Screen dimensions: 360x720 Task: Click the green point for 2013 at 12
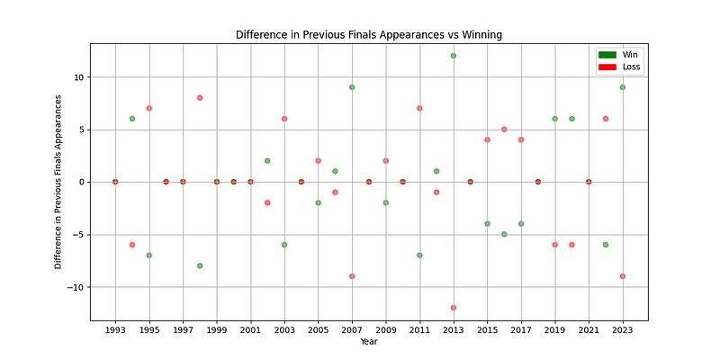coord(454,56)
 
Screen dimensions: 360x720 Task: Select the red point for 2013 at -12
coord(454,308)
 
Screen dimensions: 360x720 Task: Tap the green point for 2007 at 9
coord(352,87)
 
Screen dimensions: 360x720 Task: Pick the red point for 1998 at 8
coord(200,98)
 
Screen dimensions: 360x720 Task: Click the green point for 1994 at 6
coord(132,119)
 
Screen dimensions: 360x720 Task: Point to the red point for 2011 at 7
coord(419,108)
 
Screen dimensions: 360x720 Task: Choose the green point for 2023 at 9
coord(623,87)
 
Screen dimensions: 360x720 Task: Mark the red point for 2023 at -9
coord(623,276)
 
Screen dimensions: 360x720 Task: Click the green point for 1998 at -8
coord(200,265)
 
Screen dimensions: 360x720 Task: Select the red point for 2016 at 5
coord(504,130)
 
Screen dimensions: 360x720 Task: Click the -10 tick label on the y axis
coord(77,287)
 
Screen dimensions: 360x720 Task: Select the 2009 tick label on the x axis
coord(386,331)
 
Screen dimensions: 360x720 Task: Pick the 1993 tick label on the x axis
coord(115,331)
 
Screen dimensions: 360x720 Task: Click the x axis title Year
coord(369,342)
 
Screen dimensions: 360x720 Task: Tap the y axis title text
coord(58,182)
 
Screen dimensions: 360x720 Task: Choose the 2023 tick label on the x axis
coord(623,331)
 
